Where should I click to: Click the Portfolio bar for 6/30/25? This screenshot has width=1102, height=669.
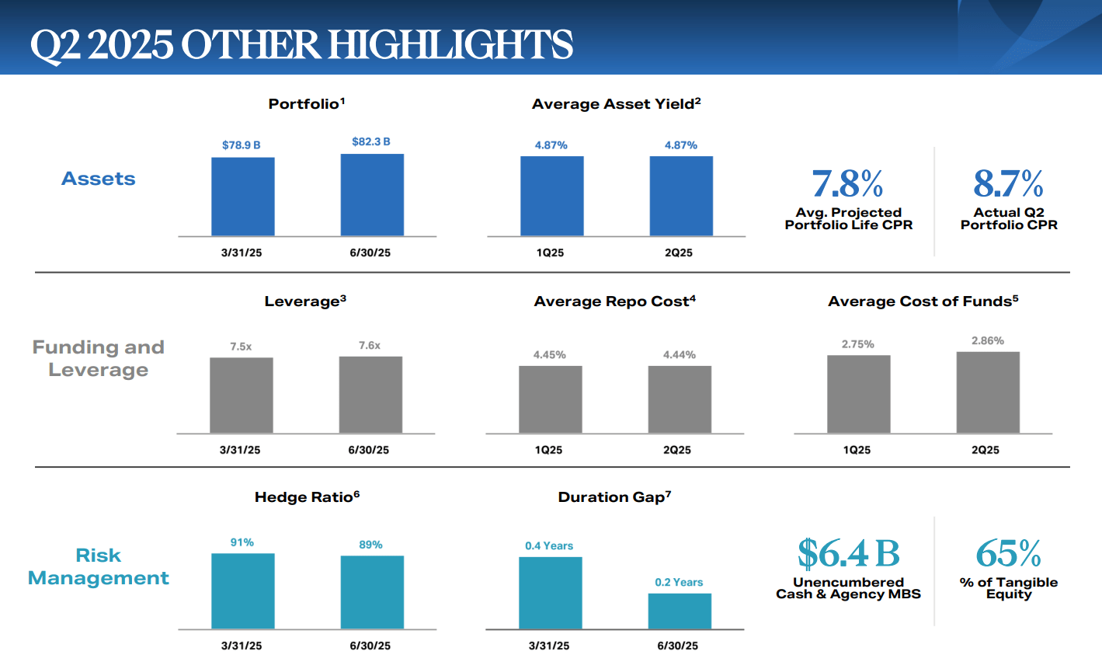(x=372, y=195)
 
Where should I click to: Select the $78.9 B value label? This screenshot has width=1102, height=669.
(x=241, y=145)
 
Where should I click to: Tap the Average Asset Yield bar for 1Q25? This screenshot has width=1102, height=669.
(x=551, y=196)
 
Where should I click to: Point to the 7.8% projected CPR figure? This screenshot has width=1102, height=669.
(x=847, y=184)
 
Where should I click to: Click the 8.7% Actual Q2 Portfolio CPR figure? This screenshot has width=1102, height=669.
(x=1008, y=184)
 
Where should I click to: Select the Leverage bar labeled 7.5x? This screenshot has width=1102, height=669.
(x=241, y=395)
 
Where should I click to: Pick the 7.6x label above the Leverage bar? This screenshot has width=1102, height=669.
(x=370, y=346)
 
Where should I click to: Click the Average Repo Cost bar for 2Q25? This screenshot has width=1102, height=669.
(x=680, y=399)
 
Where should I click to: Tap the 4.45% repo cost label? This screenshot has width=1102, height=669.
(x=549, y=355)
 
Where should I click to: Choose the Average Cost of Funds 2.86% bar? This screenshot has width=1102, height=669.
(x=988, y=392)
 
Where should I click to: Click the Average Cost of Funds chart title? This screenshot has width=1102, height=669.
(x=923, y=301)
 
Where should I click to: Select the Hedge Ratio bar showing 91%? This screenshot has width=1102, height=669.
(x=242, y=591)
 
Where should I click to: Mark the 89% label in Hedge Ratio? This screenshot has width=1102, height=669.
(x=370, y=545)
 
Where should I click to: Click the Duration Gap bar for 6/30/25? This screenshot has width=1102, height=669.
(x=680, y=612)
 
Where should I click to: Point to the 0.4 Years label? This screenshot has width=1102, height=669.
(x=549, y=546)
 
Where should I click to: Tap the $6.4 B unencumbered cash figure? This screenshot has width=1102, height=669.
(x=848, y=554)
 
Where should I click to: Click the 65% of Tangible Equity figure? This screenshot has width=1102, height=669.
(x=1008, y=554)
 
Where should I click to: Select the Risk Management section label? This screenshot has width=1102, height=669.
(x=99, y=566)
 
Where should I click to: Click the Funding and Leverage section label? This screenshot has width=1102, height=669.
(x=99, y=358)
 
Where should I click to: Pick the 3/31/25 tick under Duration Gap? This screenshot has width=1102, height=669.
(x=549, y=646)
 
